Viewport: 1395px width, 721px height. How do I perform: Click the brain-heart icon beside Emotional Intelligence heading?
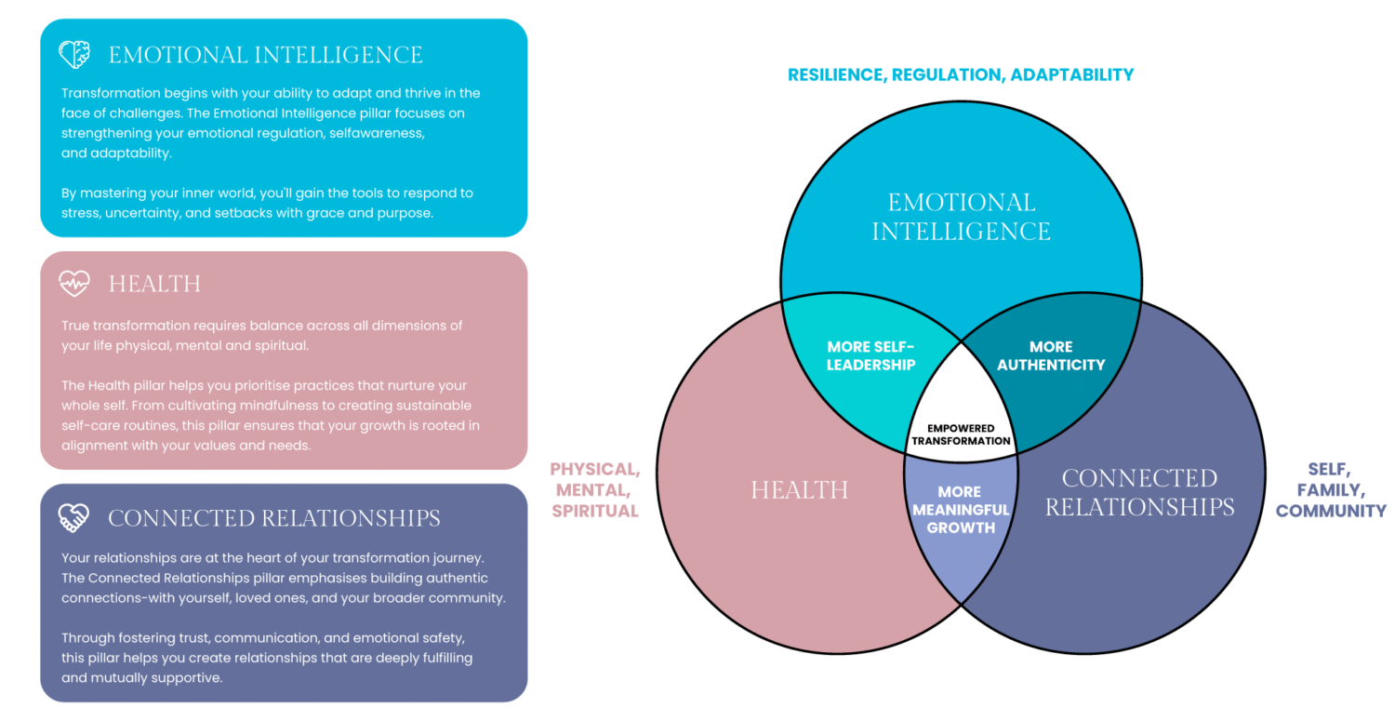[74, 54]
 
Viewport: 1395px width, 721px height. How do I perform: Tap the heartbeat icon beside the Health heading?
[74, 283]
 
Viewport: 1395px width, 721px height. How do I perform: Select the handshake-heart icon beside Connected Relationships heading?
[74, 516]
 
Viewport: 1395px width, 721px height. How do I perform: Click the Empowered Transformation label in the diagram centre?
[961, 434]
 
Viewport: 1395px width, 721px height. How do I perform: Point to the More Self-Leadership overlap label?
[870, 355]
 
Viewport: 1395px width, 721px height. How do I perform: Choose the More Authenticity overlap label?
[1051, 355]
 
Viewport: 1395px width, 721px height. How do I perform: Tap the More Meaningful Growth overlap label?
[961, 510]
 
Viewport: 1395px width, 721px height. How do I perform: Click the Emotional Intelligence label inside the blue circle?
[961, 216]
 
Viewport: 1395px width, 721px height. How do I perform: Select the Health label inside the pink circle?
[800, 489]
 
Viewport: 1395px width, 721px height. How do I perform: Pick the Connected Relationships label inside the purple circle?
[1139, 492]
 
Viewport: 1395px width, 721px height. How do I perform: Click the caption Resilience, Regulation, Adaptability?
[961, 74]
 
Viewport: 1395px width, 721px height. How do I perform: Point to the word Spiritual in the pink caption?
[595, 511]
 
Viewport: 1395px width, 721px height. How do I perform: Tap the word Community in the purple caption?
[1331, 511]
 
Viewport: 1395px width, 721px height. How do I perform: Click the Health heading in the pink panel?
[154, 284]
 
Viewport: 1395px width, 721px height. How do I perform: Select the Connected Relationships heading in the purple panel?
[274, 517]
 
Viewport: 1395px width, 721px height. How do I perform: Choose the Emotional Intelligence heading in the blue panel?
[266, 55]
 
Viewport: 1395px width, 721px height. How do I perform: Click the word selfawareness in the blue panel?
[373, 133]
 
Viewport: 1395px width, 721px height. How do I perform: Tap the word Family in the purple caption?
[1331, 490]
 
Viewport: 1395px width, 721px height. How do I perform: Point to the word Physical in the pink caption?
[595, 469]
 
